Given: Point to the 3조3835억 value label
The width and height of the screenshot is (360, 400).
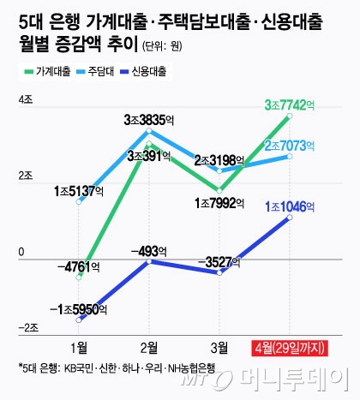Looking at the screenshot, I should coord(149,118).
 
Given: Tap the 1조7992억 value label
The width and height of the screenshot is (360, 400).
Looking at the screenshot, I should coord(221,203).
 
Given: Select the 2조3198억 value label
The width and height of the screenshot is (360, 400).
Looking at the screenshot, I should coord(220,160).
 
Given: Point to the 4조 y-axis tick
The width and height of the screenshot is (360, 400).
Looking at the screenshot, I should coord(25,102).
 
